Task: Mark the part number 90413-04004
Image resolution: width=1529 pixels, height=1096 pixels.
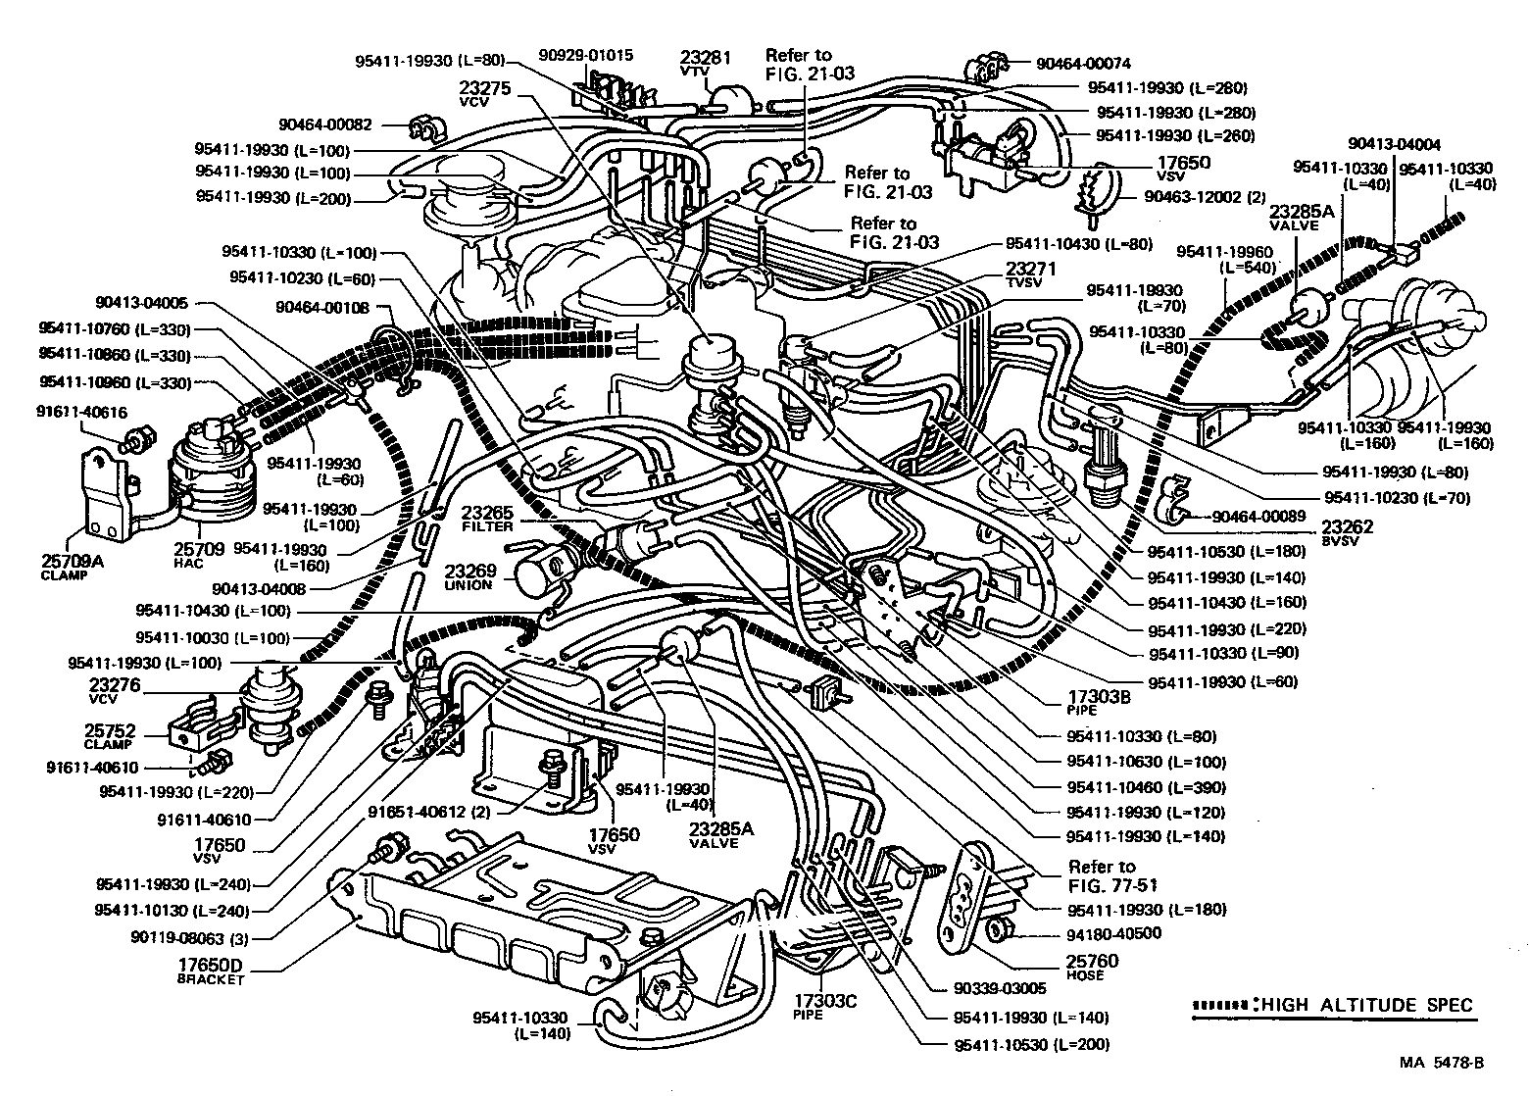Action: tap(1395, 143)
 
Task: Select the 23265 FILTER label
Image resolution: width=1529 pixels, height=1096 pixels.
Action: tap(487, 518)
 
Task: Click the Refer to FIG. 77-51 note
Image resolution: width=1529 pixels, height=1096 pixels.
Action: tap(1102, 875)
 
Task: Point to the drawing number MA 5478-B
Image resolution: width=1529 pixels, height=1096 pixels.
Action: tap(1441, 1062)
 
